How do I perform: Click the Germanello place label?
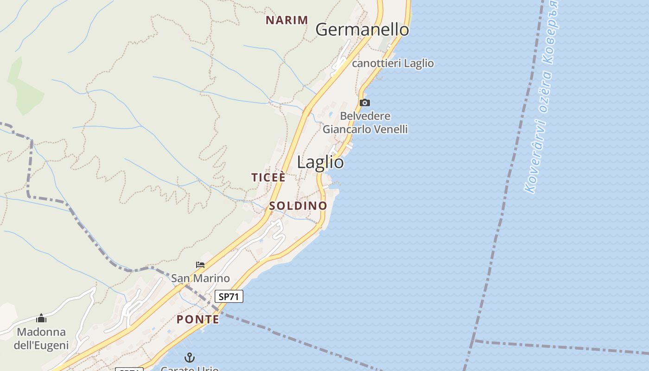362,30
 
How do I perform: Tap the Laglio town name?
320,162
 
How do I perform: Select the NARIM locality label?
287,20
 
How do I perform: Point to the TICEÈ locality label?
268,177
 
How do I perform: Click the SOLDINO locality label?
298,205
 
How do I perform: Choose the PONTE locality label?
198,319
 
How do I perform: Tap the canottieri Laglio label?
393,63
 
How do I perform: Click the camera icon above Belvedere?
365,102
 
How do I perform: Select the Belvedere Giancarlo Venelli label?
365,122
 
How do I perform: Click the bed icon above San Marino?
200,265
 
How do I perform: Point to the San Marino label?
200,278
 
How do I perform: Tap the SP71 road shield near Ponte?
229,296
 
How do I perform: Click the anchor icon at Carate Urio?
189,358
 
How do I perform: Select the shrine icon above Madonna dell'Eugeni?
41,318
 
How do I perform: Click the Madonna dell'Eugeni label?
41,339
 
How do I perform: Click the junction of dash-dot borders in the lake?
473,341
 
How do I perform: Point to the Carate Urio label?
189,369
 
